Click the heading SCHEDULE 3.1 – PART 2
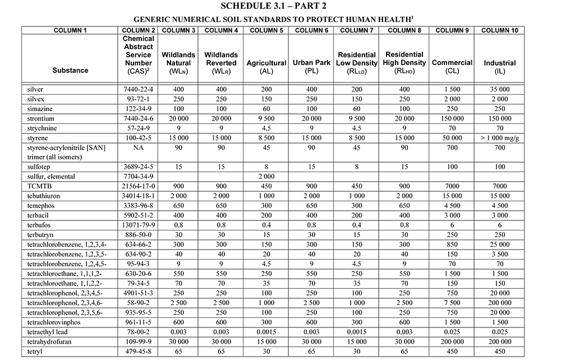[280, 6]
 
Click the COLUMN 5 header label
[266, 30]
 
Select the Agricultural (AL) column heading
[266, 67]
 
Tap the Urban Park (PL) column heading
[311, 67]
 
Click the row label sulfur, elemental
[51, 176]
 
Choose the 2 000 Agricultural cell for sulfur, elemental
[266, 176]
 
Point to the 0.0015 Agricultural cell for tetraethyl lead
[266, 332]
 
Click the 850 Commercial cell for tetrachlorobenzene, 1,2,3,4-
[452, 244]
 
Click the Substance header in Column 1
[70, 71]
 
